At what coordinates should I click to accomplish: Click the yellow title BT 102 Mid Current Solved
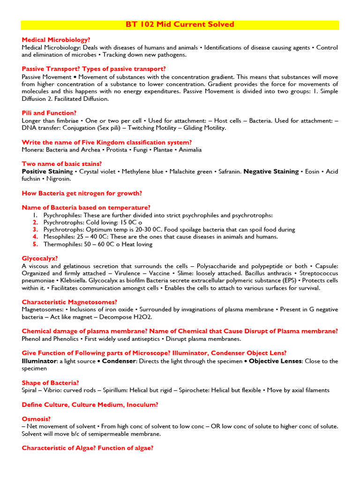tap(180, 24)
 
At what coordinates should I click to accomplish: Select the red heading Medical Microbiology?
tap(56, 40)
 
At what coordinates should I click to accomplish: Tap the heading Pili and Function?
tap(49, 113)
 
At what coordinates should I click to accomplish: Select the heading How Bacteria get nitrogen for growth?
tap(82, 193)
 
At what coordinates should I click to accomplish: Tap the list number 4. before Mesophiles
tap(36, 237)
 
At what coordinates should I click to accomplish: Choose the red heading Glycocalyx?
tap(40, 258)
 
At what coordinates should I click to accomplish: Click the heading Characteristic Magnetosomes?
tap(69, 302)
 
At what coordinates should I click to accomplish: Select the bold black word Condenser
tap(119, 361)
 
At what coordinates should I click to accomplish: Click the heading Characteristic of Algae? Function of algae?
tap(88, 448)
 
